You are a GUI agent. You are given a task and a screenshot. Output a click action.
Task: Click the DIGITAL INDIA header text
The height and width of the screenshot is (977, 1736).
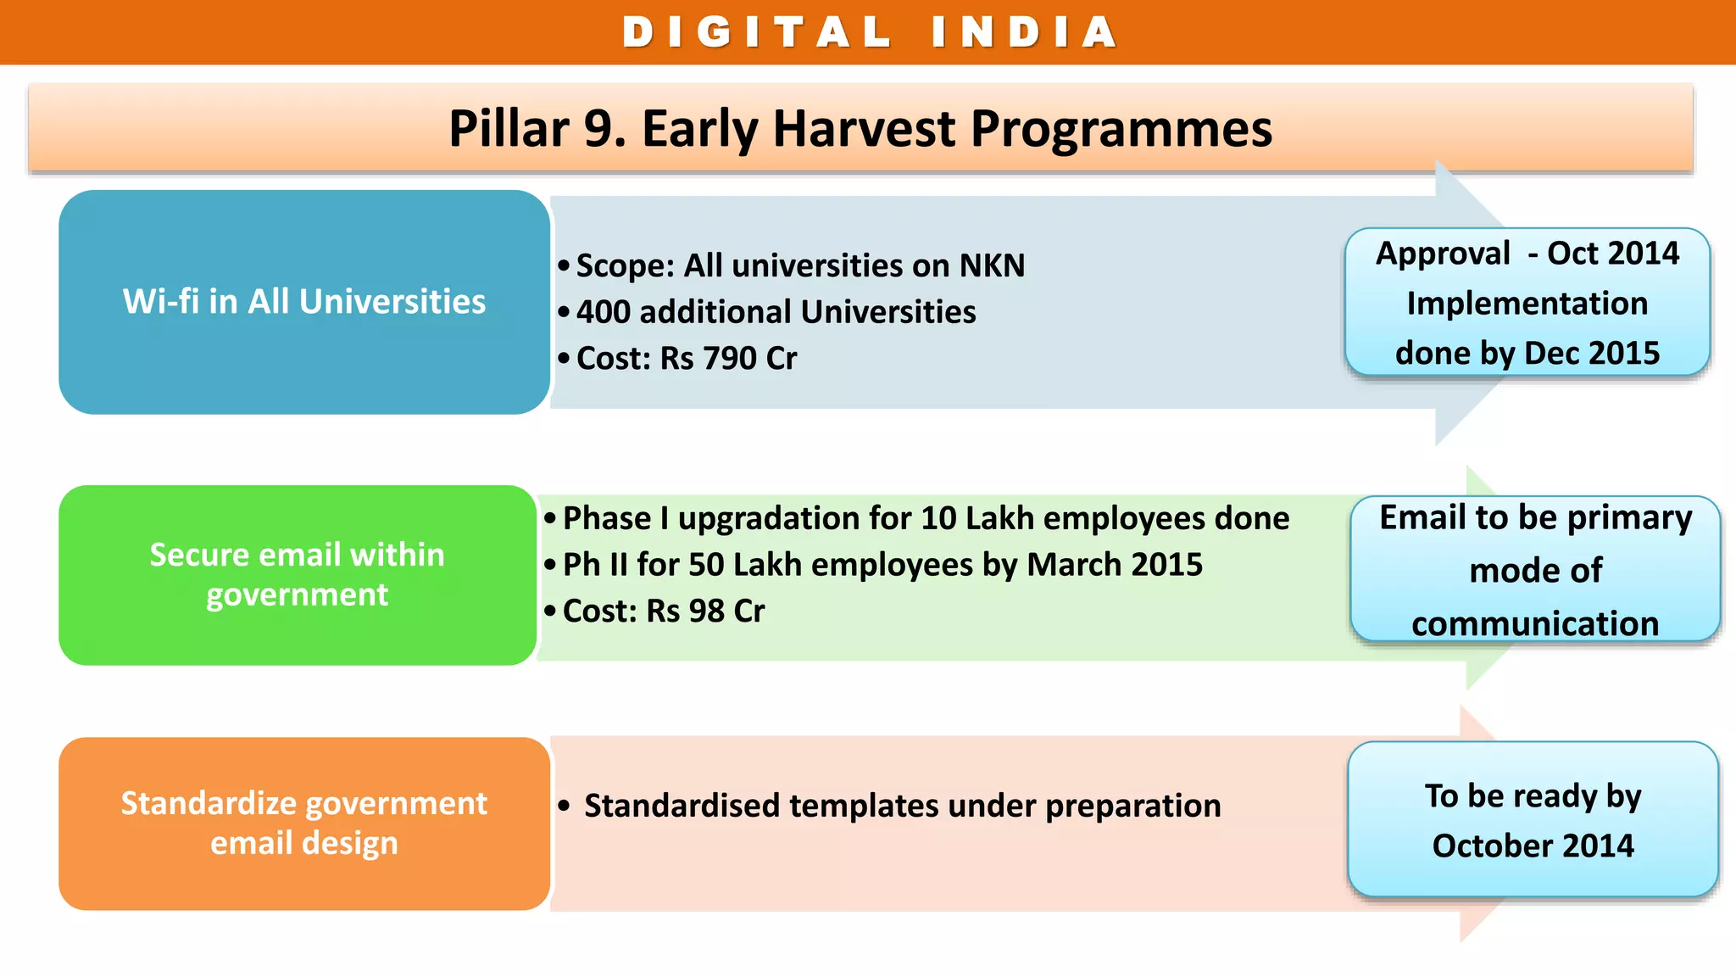pyautogui.click(x=868, y=32)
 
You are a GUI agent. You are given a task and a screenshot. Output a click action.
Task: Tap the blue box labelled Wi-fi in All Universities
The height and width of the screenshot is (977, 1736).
pyautogui.click(x=303, y=302)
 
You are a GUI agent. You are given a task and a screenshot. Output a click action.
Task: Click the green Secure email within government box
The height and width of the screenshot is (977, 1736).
pyautogui.click(x=297, y=575)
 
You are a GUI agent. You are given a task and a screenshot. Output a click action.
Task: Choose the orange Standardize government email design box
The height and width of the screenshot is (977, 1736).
pyautogui.click(x=303, y=823)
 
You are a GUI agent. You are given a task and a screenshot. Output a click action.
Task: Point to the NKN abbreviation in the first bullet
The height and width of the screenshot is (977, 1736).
pyautogui.click(x=992, y=266)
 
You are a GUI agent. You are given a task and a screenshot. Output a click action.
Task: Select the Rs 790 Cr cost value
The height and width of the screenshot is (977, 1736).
pyautogui.click(x=728, y=359)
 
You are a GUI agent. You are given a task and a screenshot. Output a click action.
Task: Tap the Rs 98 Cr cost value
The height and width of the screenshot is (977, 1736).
pyautogui.click(x=705, y=611)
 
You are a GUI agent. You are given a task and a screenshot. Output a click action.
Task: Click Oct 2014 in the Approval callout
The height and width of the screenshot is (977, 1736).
pyautogui.click(x=1612, y=254)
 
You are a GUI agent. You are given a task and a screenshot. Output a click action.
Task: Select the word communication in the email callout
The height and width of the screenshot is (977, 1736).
pyautogui.click(x=1534, y=624)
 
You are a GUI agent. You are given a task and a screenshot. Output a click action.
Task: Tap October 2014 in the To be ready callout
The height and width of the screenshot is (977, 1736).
pyautogui.click(x=1533, y=846)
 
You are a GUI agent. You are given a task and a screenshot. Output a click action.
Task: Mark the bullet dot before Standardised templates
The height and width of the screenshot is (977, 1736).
pyautogui.click(x=564, y=806)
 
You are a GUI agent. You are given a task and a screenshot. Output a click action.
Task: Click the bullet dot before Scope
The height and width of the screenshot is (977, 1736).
pyautogui.click(x=564, y=266)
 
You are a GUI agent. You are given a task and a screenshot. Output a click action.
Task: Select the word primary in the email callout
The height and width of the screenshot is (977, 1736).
pyautogui.click(x=1628, y=518)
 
